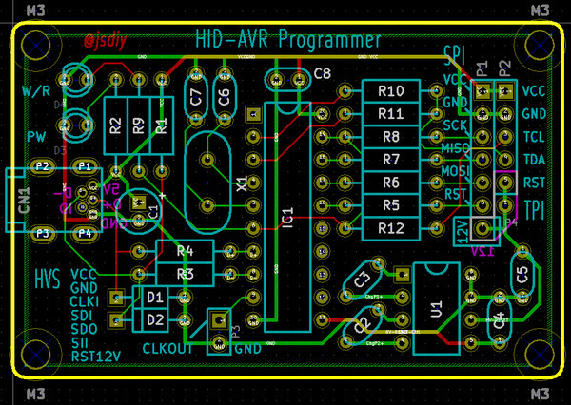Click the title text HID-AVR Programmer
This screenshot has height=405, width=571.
point(287,40)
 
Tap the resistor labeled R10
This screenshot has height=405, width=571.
point(391,91)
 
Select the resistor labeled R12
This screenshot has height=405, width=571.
point(391,228)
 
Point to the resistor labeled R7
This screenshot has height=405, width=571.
point(391,160)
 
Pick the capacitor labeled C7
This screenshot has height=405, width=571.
point(197,95)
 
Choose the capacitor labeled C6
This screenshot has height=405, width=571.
point(225,95)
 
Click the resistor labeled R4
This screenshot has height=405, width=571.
point(185,252)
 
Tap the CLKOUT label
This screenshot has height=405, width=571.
point(167,348)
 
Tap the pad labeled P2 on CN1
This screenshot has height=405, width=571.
point(42,166)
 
